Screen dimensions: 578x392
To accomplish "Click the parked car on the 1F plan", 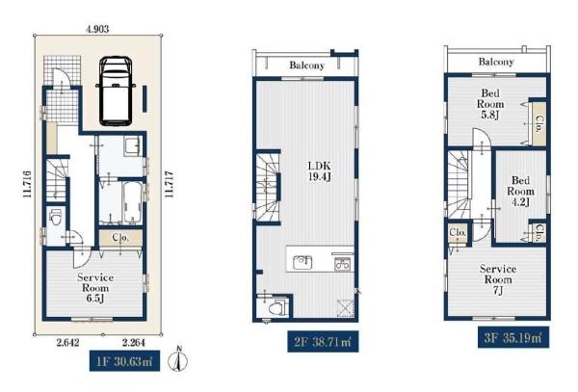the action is [116, 91].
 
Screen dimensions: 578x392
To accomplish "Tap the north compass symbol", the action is [177, 359].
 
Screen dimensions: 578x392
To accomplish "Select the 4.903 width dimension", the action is [97, 29].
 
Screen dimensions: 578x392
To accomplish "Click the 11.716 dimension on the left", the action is [27, 184].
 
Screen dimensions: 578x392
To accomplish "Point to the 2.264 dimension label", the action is [134, 343].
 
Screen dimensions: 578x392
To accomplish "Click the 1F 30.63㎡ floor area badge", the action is [124, 361].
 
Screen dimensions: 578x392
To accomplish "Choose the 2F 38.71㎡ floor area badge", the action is [323, 342].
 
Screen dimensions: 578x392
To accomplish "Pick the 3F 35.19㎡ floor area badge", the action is [513, 337].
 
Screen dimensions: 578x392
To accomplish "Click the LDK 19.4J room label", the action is [320, 171].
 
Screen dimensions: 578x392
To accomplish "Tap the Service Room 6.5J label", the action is [95, 288].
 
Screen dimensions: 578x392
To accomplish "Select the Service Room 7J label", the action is [498, 279].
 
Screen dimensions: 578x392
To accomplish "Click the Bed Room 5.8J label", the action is [490, 104].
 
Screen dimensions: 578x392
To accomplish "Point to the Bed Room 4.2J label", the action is [520, 192].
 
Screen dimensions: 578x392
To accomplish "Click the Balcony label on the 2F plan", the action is [306, 65].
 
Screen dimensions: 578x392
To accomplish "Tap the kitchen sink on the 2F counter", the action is [302, 262].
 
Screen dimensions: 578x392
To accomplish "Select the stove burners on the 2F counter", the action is [342, 264].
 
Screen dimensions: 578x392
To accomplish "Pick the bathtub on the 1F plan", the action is [132, 202].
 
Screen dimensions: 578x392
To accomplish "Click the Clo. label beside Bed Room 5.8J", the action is [539, 124].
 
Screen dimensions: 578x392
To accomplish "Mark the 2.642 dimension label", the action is [67, 343].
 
